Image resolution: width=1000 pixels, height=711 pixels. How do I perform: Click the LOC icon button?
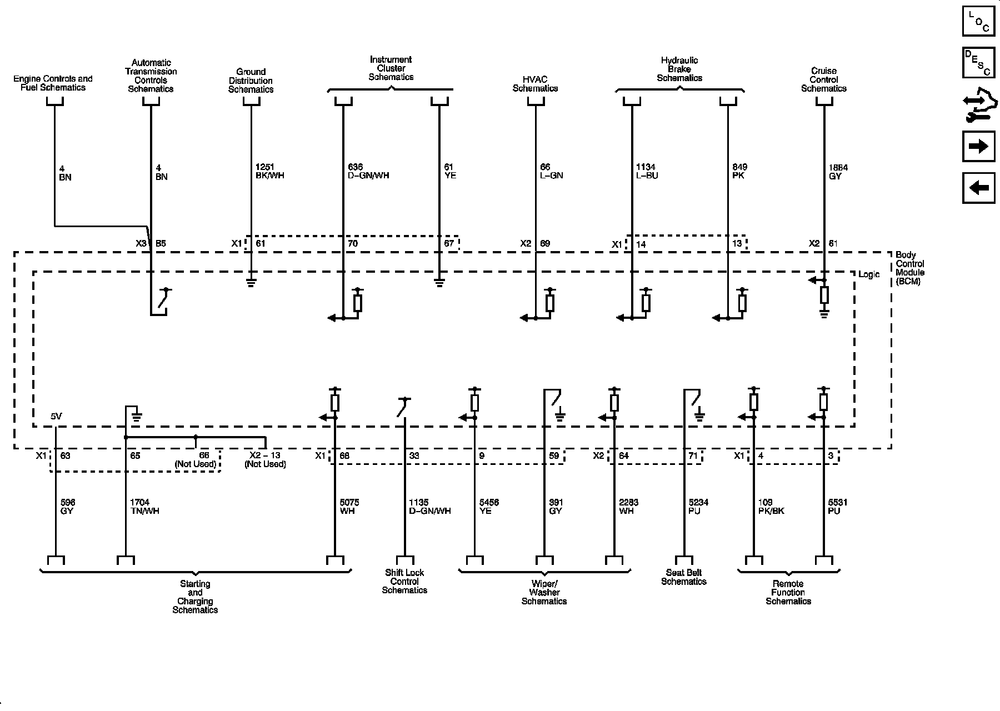978,21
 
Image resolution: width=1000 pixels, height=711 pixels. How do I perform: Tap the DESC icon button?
978,63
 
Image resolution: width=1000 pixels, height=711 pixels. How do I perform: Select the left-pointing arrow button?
978,188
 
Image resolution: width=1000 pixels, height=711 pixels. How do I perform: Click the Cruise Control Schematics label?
823,79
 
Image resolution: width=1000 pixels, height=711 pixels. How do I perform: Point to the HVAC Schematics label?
535,84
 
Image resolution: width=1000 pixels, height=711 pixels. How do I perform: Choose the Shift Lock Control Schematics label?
404,581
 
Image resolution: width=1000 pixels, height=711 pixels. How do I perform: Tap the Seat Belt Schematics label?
683,577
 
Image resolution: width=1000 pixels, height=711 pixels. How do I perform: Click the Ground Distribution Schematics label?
251,81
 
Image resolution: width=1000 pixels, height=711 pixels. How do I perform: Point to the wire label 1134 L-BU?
647,171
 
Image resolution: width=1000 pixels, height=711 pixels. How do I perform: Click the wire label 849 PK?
739,171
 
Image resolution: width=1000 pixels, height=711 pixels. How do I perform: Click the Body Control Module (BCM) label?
909,268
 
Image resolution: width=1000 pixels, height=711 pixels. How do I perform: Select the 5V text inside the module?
57,416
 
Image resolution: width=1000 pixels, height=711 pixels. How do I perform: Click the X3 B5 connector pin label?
151,243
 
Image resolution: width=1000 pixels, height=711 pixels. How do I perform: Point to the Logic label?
869,275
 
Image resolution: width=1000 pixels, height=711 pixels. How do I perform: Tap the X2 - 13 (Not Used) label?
265,460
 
